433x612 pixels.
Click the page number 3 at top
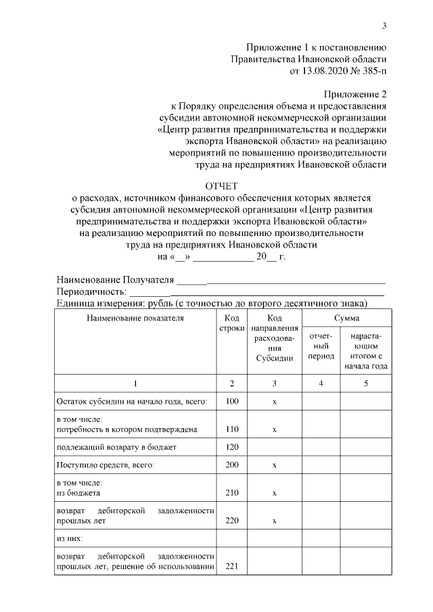click(x=384, y=26)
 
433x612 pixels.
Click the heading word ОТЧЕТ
click(x=221, y=186)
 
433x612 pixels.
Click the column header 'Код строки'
click(x=232, y=323)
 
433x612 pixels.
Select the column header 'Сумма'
click(x=346, y=317)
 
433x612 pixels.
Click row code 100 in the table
click(x=232, y=402)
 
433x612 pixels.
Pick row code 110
click(x=232, y=429)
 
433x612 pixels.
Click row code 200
click(x=232, y=465)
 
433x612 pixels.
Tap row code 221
click(x=232, y=566)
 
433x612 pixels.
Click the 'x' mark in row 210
click(x=274, y=493)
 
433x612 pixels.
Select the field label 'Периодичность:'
click(x=92, y=291)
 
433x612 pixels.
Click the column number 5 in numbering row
click(x=365, y=383)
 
